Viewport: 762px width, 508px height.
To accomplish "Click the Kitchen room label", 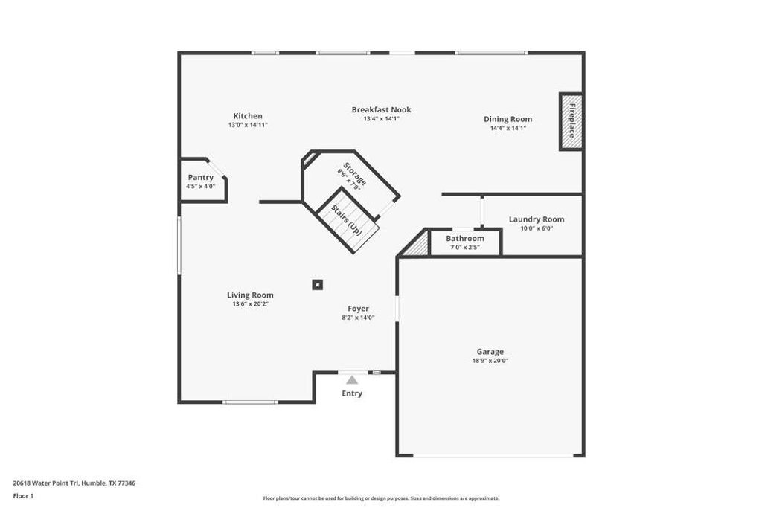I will coord(248,116).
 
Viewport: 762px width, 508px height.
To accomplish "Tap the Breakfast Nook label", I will coord(381,109).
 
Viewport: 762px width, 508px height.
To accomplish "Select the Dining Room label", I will coord(508,119).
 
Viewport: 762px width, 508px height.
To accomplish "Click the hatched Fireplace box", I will coord(571,121).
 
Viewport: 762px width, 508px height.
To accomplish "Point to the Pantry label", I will coord(200,177).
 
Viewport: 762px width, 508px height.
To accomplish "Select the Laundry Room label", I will coord(536,219).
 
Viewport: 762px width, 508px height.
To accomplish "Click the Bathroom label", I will coord(465,238).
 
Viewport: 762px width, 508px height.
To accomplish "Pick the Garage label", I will coord(490,352).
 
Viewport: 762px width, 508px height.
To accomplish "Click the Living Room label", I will coord(250,295).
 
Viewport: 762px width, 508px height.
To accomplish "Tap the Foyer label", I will coord(358,309).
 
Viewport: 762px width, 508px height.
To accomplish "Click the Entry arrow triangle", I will coord(352,379).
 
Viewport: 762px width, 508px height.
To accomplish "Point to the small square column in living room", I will coord(318,284).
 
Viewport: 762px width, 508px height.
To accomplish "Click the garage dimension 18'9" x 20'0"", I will coord(490,361).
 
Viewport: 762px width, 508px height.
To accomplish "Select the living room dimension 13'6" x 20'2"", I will coord(250,303).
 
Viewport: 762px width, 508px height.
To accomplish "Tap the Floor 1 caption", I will coord(25,495).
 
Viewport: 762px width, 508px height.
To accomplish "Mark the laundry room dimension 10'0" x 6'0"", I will coord(536,228).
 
